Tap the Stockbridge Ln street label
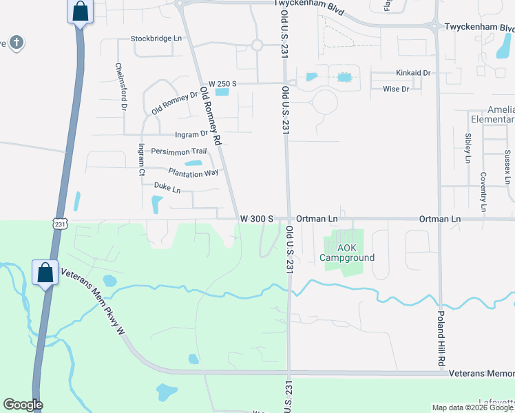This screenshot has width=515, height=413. pos(157,39)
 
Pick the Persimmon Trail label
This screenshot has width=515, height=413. pos(179,151)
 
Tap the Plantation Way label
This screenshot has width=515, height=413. pos(193,172)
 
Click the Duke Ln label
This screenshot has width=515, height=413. pos(167,187)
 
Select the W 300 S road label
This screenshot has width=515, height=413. pos(257,219)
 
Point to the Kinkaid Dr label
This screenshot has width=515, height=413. pos(412,72)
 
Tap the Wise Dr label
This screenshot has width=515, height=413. pos(395,89)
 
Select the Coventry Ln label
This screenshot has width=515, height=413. pos(483,191)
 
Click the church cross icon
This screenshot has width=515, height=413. pos(17,43)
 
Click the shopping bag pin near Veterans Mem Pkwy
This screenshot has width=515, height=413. pos(45,273)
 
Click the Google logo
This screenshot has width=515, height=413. pos(23,405)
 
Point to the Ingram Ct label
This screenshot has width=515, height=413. pos(141,160)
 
